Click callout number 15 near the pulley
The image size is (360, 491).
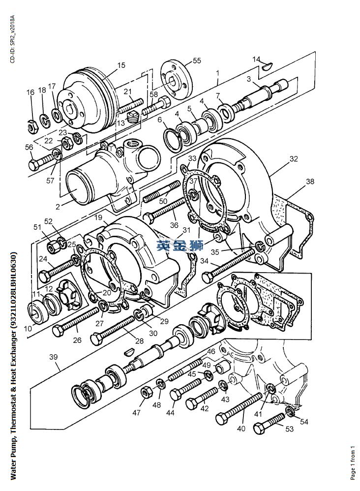point(121,65)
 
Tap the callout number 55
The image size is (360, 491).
point(197,61)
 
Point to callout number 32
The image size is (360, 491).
point(294,159)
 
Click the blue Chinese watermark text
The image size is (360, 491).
point(180,245)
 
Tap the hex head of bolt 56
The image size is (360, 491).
point(34,165)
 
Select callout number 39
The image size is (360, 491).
point(54,357)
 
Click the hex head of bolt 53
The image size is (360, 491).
point(259,429)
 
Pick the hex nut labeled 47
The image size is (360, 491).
point(146,393)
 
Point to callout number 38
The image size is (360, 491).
point(310,182)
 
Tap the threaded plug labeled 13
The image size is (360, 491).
point(133,117)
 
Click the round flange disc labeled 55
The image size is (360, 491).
point(176,79)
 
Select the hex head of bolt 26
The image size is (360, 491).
point(59,331)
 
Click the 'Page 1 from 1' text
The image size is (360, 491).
point(353,462)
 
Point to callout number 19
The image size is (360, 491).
point(99,217)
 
